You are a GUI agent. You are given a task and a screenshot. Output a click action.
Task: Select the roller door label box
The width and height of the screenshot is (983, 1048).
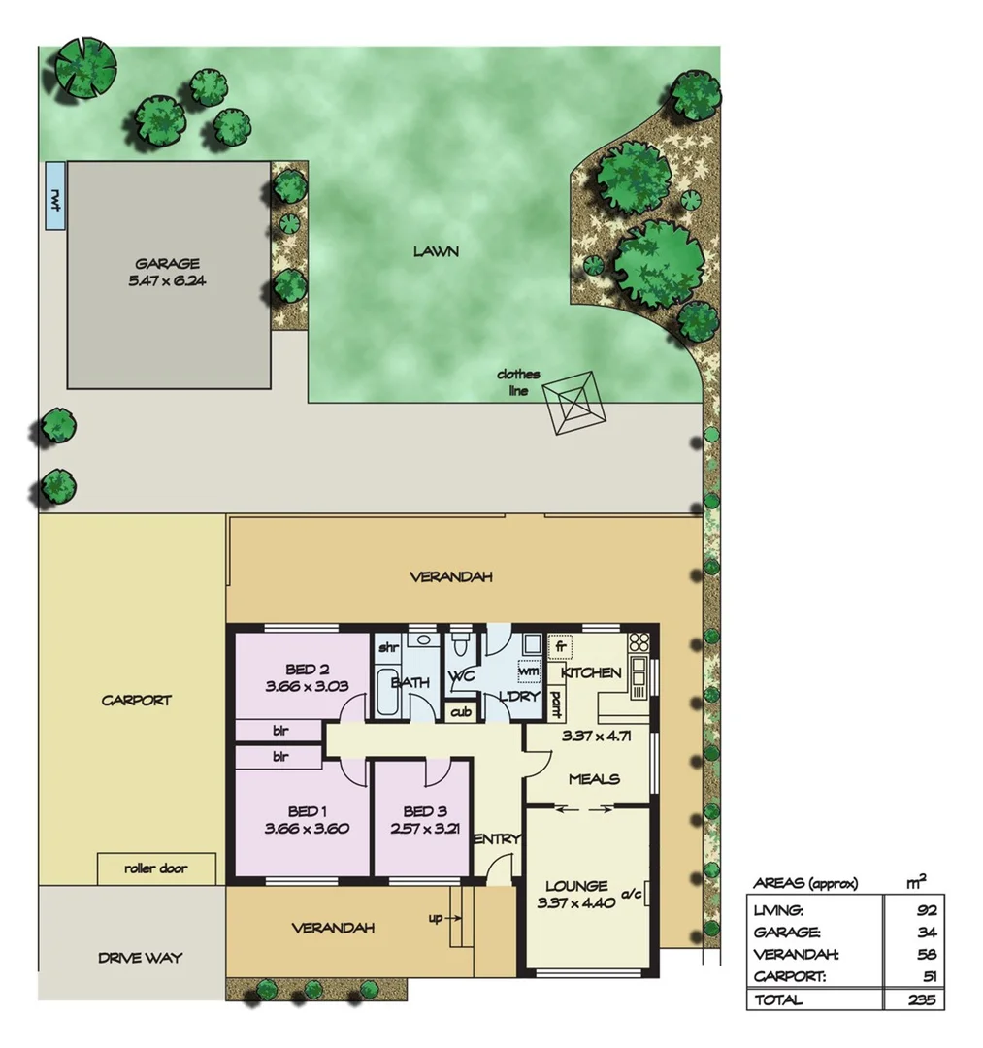156,868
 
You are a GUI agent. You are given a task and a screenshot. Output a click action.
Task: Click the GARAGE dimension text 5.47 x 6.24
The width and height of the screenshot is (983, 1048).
168,281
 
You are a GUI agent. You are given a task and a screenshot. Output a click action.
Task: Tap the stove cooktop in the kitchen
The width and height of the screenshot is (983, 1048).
639,641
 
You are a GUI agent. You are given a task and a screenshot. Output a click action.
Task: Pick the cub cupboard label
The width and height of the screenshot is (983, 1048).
460,712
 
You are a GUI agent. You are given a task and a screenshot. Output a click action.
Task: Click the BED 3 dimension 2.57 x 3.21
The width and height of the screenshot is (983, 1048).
422,829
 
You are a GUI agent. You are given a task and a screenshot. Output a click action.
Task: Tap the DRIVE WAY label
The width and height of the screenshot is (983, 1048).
140,958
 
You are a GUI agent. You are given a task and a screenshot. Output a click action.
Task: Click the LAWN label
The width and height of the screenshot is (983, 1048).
436,251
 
